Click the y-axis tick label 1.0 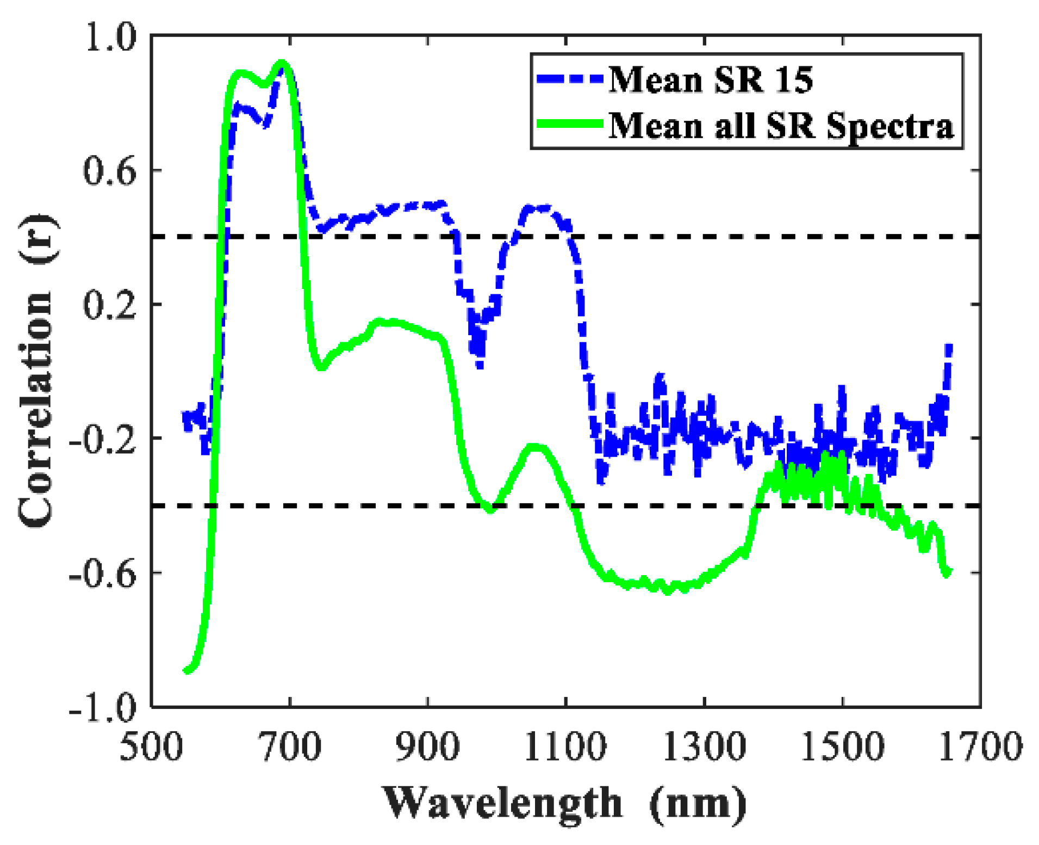coord(109,39)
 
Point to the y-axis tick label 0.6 coord(109,171)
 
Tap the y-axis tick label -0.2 coord(103,439)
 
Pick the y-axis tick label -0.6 coord(103,573)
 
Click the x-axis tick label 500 coord(151,747)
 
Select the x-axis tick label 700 coord(290,747)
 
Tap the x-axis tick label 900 coord(428,747)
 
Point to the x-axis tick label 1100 coord(565,747)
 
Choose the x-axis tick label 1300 coord(704,747)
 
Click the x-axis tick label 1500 coord(842,747)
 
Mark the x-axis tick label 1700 coord(980,747)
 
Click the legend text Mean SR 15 coord(710,80)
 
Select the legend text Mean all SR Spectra coord(781,126)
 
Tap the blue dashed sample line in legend coord(569,79)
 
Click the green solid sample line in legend coord(569,124)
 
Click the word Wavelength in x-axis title coord(502,803)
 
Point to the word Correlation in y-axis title coord(36,408)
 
